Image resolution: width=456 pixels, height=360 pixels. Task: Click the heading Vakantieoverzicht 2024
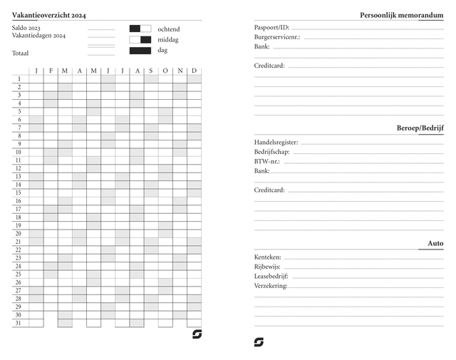[x=49, y=15]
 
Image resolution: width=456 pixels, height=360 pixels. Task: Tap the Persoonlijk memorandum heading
[x=402, y=15]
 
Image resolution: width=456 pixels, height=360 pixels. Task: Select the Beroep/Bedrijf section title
[x=420, y=128]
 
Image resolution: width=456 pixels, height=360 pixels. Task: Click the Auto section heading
[x=435, y=243]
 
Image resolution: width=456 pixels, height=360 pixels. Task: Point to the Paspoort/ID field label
[x=271, y=27]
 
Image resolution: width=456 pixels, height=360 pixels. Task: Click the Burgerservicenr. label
[x=277, y=36]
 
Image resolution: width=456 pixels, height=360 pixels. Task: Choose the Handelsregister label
[x=276, y=142]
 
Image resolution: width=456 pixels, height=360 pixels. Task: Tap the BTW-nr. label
[x=267, y=161]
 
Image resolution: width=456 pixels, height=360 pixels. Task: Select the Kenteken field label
[x=268, y=257]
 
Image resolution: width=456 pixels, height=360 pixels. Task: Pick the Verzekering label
[x=271, y=286]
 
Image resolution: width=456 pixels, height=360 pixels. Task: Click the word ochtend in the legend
[x=169, y=29]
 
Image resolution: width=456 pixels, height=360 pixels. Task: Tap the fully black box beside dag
[x=140, y=51]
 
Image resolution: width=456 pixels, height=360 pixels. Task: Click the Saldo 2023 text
[x=26, y=28]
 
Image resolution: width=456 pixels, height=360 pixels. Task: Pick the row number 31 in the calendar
[x=19, y=323]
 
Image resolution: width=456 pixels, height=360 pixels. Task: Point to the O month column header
[x=165, y=70]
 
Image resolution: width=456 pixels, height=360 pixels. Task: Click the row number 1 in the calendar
[x=19, y=78]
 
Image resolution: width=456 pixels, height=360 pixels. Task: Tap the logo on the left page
[x=197, y=334]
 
